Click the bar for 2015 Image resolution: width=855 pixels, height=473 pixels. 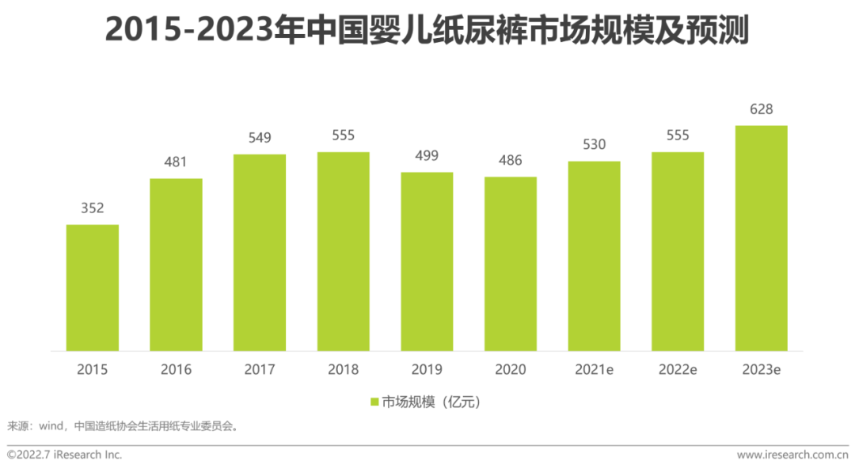click(92, 288)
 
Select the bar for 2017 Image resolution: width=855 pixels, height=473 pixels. click(260, 253)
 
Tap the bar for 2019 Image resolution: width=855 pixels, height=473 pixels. click(427, 261)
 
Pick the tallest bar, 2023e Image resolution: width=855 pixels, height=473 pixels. click(762, 238)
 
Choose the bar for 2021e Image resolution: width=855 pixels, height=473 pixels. click(594, 256)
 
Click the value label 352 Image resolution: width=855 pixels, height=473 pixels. click(92, 208)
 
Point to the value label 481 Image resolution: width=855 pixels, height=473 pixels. click(176, 162)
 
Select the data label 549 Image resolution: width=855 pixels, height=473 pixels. click(260, 138)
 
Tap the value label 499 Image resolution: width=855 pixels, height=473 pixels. click(427, 156)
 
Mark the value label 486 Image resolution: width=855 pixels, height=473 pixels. click(511, 160)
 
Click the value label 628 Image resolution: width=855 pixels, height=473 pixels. click(762, 109)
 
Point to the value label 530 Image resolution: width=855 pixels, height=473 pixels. click(594, 144)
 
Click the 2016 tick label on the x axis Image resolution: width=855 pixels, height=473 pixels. click(176, 369)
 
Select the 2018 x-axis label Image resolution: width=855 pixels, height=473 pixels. click(343, 369)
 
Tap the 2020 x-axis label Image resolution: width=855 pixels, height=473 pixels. click(511, 369)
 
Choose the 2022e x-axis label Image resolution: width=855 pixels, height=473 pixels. click(678, 369)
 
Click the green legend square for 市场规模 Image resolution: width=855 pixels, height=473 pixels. click(374, 402)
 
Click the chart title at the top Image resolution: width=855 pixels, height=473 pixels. click(427, 29)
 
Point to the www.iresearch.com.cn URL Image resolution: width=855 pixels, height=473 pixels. click(792, 455)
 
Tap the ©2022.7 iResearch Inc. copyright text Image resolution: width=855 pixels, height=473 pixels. click(64, 455)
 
